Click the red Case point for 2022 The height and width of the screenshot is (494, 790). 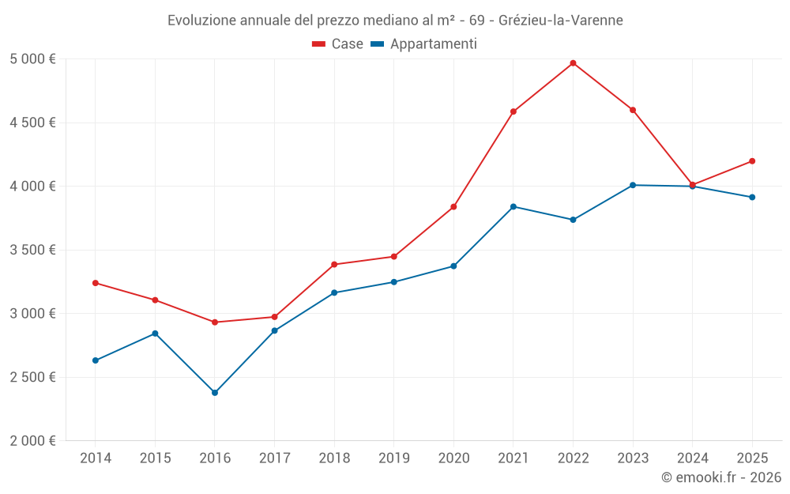pyautogui.click(x=573, y=63)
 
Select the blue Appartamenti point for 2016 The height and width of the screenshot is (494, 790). pyautogui.click(x=215, y=393)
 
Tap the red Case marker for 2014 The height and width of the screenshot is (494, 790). pyautogui.click(x=96, y=283)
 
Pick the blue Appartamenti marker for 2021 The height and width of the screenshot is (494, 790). pyautogui.click(x=513, y=206)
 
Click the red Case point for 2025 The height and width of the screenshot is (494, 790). pyautogui.click(x=752, y=161)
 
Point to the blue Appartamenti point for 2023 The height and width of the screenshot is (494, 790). pyautogui.click(x=633, y=185)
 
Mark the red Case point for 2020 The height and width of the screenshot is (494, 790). pyautogui.click(x=453, y=207)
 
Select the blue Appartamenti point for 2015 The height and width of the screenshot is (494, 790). pyautogui.click(x=155, y=334)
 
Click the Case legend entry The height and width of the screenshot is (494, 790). pyautogui.click(x=338, y=44)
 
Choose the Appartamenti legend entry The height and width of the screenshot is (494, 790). pyautogui.click(x=424, y=44)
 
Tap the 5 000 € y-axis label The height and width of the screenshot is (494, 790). pyautogui.click(x=32, y=59)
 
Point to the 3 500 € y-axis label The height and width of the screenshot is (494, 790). pyautogui.click(x=32, y=250)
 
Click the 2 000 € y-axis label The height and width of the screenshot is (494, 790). pyautogui.click(x=32, y=441)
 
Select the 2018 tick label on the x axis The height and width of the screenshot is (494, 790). pyautogui.click(x=334, y=458)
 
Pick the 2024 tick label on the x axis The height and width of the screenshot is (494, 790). pyautogui.click(x=692, y=458)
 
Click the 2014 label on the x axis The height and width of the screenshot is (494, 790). pyautogui.click(x=96, y=458)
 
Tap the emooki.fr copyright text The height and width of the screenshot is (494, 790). pyautogui.click(x=720, y=477)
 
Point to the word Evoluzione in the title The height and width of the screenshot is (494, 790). pyautogui.click(x=198, y=21)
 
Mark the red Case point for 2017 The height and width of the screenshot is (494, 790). pyautogui.click(x=274, y=317)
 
